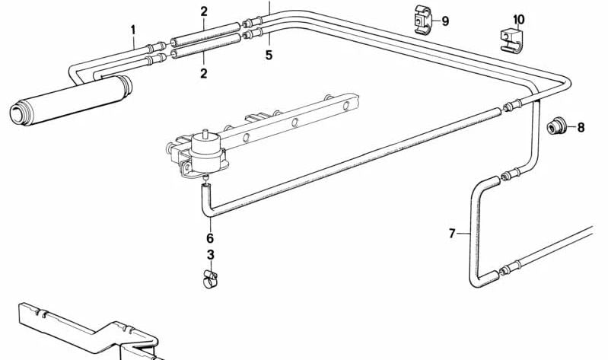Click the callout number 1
click(x=133, y=30)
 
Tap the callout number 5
click(x=269, y=55)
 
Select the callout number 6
click(x=210, y=237)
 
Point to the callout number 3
click(x=210, y=255)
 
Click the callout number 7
click(x=452, y=234)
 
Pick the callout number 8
click(x=581, y=127)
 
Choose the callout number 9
click(x=445, y=21)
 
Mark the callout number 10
click(x=518, y=19)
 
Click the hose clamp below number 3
click(x=210, y=280)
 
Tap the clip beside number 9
click(x=422, y=19)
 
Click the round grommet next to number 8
click(x=556, y=127)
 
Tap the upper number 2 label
click(x=204, y=11)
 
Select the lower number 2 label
click(x=204, y=73)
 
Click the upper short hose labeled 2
click(x=205, y=33)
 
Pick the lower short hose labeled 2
click(x=205, y=46)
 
